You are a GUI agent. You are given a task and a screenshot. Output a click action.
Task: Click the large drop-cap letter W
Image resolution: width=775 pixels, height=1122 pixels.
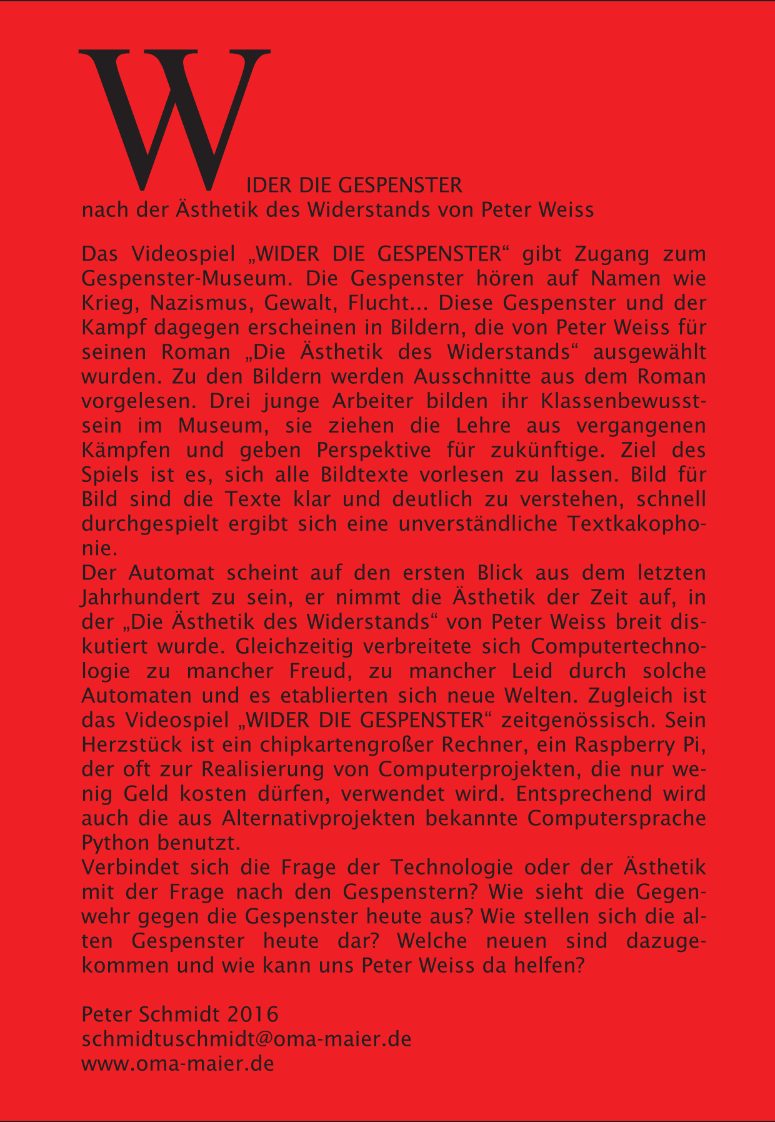174,119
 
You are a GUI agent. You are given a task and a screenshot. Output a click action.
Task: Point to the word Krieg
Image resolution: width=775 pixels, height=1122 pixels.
103,303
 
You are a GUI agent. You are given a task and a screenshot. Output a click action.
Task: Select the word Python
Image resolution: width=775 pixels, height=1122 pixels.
116,843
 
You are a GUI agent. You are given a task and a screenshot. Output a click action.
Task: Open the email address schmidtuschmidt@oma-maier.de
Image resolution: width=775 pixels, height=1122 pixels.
246,1039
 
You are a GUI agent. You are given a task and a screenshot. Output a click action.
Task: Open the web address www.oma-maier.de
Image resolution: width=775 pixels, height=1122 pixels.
178,1063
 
